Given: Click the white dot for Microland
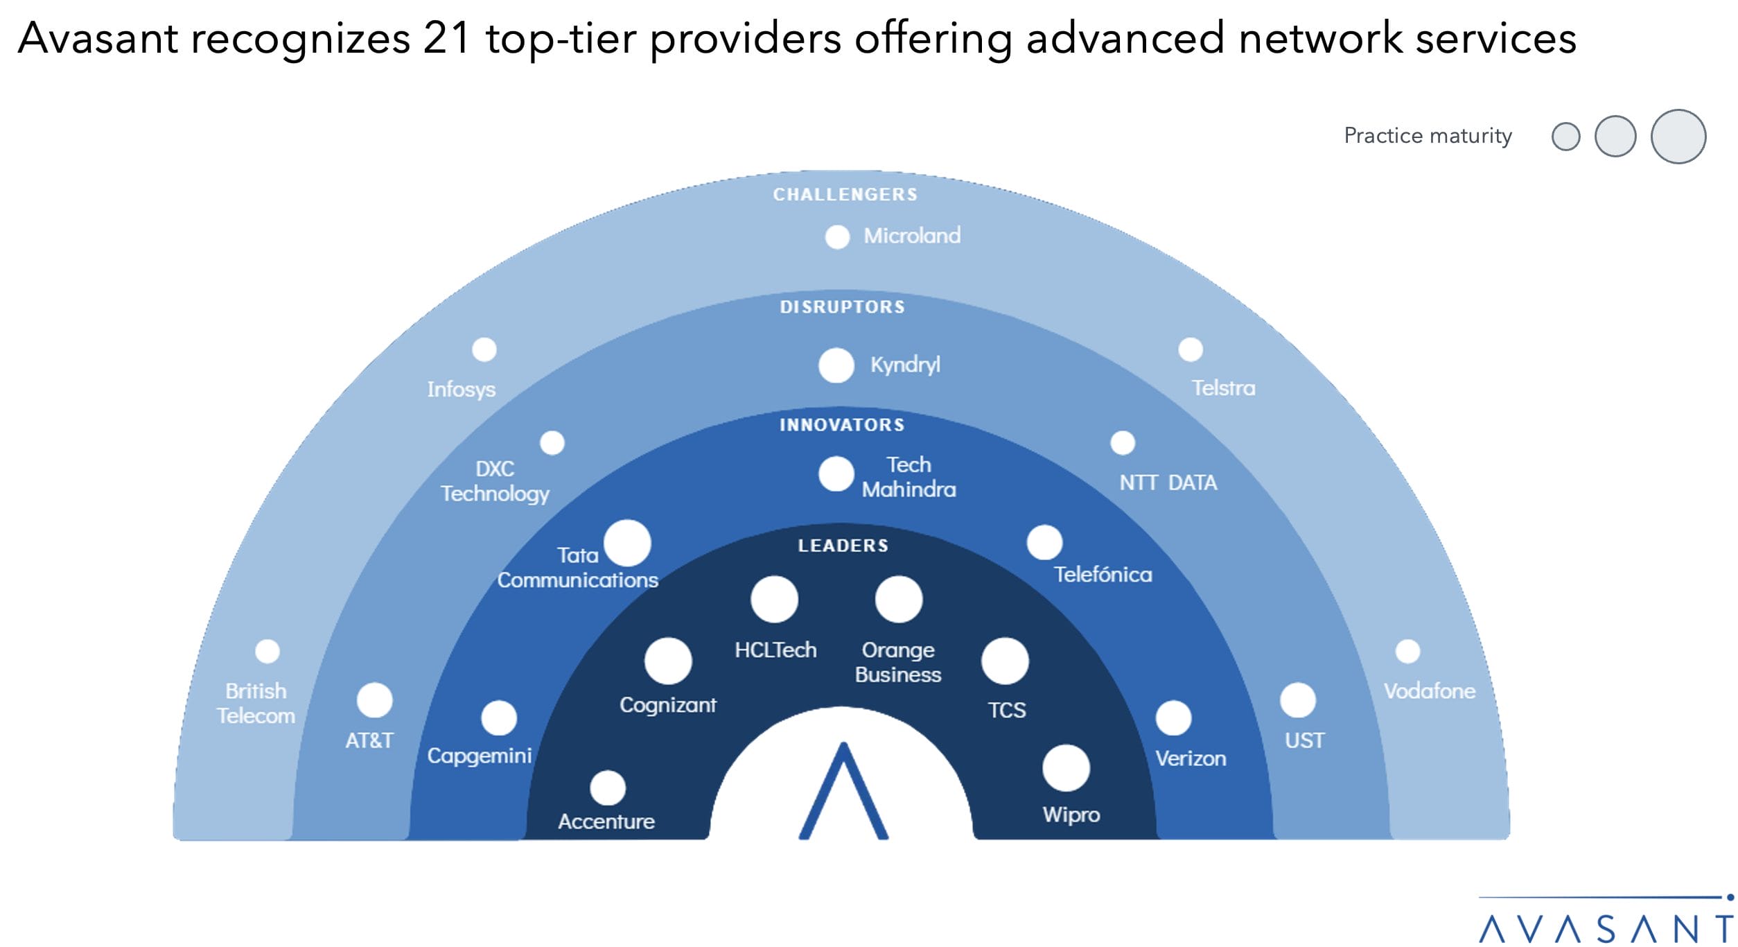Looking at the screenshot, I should coord(837,237).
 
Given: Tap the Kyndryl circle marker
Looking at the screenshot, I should coord(836,365).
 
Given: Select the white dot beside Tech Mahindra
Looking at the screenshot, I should coord(836,474).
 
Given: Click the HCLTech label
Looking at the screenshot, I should coord(775,650).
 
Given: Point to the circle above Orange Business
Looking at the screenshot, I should coord(898,599).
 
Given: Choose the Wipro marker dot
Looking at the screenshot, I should coord(1066,768).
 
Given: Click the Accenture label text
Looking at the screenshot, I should coord(606,822).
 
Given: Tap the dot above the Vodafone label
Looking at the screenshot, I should coord(1407,652).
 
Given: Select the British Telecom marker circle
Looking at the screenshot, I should coord(267,652).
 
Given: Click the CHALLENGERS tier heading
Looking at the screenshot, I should coord(845,195).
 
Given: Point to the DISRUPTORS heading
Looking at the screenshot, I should coord(842,307).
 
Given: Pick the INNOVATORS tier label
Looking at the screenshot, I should coord(842,425).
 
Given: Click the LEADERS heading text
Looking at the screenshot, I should coord(843,546).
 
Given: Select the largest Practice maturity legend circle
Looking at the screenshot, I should coord(1678,137).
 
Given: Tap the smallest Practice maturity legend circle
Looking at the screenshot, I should coord(1565,137).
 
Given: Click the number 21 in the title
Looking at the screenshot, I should coord(447,38).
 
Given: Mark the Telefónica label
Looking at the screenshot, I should coord(1103,574).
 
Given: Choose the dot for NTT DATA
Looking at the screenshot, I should coord(1122,443).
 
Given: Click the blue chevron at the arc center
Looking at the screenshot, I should coord(843,794).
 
